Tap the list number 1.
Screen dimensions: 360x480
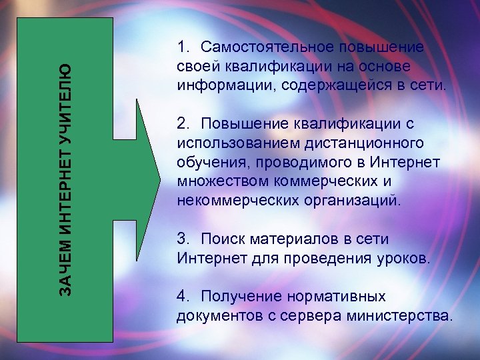pyautogui.click(x=183, y=47)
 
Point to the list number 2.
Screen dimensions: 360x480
pyautogui.click(x=183, y=124)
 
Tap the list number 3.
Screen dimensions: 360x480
pyautogui.click(x=183, y=239)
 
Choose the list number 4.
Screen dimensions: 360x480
pyautogui.click(x=183, y=296)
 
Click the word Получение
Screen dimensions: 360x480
pyautogui.click(x=240, y=296)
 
